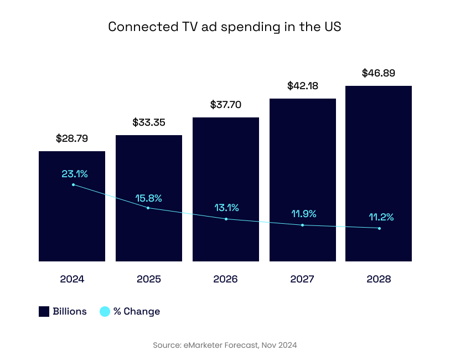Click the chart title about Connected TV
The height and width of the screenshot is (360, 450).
(225, 27)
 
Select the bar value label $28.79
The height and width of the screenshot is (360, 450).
(72, 138)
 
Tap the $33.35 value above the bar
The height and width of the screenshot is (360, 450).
(149, 122)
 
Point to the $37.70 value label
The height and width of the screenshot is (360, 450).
(226, 105)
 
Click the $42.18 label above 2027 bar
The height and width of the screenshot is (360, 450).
(303, 86)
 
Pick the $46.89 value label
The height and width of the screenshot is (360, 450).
(379, 73)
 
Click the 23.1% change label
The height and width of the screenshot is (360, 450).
(75, 174)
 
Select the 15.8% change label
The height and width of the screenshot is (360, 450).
(149, 198)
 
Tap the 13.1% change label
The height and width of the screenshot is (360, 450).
(227, 208)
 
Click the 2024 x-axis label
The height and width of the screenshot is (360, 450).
(72, 279)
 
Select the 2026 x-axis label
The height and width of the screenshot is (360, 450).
(225, 279)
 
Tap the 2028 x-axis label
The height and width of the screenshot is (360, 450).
(379, 279)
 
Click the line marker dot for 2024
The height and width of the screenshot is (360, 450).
(73, 184)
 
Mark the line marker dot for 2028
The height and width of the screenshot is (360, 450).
(379, 228)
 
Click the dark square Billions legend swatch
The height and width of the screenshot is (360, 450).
(44, 312)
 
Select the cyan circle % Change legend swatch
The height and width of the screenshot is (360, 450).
(105, 312)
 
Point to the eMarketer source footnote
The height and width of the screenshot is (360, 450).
(225, 345)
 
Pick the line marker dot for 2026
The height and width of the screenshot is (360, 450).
(226, 219)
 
